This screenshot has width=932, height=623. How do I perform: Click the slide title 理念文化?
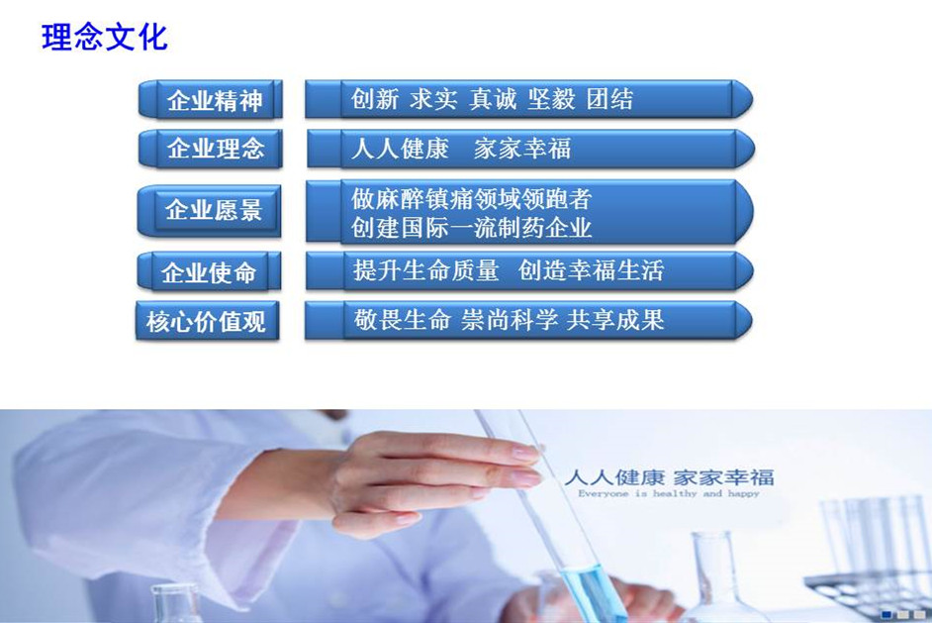pos(105,38)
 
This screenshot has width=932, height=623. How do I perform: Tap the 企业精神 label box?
pos(211,99)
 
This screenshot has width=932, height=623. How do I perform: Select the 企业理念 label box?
pos(211,149)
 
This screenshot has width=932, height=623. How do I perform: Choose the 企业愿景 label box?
pos(209,211)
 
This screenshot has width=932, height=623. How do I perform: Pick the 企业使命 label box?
pos(209,272)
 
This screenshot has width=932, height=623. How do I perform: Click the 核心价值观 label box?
pos(207,321)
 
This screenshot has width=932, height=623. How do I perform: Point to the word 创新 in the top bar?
pos(374,99)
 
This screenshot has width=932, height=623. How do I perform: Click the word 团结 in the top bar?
pos(609,99)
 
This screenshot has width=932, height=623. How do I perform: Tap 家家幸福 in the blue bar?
pos(522,149)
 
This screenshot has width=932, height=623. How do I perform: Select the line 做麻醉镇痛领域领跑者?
pos(471,199)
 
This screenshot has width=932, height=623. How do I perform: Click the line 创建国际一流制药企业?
pos(471,227)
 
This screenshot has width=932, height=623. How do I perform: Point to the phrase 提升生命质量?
pos(425,270)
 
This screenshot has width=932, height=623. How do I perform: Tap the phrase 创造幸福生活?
pos(591,270)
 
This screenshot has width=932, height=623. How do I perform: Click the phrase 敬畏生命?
pos(402,320)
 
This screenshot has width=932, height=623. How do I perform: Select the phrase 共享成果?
pos(615,320)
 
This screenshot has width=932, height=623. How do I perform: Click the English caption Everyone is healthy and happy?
pos(669,493)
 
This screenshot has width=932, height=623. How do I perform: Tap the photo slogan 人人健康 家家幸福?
pos(669,477)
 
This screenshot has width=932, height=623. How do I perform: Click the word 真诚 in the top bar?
pos(492,99)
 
